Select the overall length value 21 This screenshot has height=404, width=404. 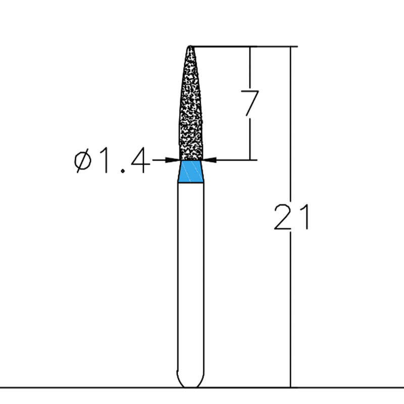click(290, 217)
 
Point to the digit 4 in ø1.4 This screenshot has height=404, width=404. click(139, 162)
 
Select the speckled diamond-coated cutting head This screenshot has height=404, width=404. click(191, 111)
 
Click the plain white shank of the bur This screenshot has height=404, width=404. click(191, 278)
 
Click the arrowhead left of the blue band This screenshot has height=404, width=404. click(175, 160)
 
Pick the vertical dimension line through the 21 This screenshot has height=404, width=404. click(290, 303)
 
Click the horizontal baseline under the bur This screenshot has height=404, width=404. click(101, 387)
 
